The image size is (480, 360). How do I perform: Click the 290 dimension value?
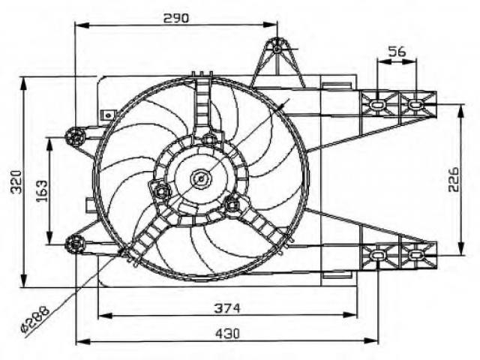(x=176, y=18)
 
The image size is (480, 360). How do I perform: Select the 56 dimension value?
(x=397, y=51)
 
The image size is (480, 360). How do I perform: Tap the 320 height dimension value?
(x=16, y=181)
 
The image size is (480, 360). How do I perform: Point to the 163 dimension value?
(x=42, y=190)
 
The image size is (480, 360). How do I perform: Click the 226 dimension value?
(x=454, y=179)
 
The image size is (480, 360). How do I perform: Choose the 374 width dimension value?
(x=227, y=308)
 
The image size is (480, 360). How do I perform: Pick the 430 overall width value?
(x=227, y=333)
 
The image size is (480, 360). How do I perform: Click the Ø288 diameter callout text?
(x=35, y=319)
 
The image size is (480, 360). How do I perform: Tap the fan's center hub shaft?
(x=201, y=178)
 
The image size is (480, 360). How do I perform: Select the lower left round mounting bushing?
(x=75, y=244)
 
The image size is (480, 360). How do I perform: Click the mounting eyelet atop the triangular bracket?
(x=277, y=49)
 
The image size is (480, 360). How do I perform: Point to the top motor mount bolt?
(x=209, y=139)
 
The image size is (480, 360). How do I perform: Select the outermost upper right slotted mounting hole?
(x=415, y=104)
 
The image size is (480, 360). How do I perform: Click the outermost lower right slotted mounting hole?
(x=415, y=255)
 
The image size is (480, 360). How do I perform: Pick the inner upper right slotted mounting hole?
(x=377, y=104)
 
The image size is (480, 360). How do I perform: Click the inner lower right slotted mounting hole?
(x=377, y=255)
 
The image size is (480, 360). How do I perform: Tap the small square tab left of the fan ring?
(x=107, y=115)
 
